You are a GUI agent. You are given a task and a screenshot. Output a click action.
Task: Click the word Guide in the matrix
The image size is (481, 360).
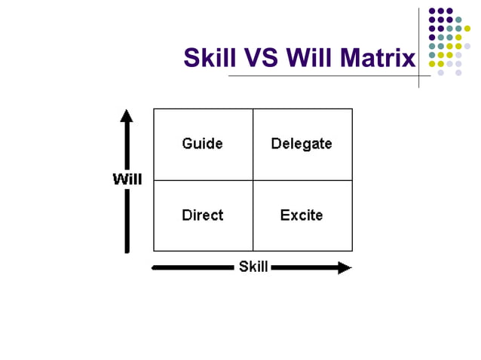click(x=202, y=143)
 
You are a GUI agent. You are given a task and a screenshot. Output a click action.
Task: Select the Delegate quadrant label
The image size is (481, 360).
click(x=302, y=143)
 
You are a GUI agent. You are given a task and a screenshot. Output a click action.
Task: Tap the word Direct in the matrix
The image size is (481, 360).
click(x=202, y=215)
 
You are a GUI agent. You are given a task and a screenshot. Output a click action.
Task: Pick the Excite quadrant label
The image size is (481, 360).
click(x=302, y=215)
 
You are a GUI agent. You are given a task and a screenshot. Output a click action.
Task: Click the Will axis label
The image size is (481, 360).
click(x=127, y=179)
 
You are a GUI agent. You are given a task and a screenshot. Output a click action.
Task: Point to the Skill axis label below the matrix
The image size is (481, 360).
click(x=253, y=267)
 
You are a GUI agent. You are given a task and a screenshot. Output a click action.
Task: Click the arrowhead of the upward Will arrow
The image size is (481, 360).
click(x=127, y=115)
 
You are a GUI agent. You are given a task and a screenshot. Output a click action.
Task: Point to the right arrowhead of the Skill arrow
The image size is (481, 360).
click(x=345, y=267)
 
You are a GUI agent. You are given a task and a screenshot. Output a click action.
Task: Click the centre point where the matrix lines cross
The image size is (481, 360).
click(x=253, y=180)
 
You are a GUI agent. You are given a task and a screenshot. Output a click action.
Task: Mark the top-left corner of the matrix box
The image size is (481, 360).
click(x=154, y=109)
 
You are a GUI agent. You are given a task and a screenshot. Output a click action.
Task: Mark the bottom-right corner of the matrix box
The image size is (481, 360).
click(x=352, y=251)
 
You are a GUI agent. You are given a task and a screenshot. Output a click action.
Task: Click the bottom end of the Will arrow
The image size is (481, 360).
click(x=127, y=251)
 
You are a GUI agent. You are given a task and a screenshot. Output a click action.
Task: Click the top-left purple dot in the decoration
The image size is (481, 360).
click(x=432, y=11)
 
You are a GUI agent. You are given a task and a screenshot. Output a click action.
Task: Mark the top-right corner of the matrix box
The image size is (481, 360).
click(x=352, y=109)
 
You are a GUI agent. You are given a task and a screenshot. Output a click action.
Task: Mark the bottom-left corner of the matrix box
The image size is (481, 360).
click(x=154, y=251)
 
